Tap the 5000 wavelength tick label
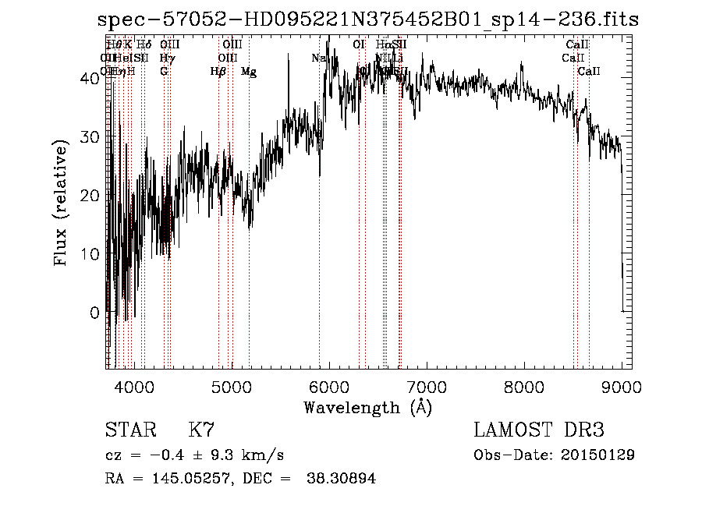tap(232, 387)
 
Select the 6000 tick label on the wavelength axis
tap(329, 387)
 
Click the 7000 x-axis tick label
tap(427, 387)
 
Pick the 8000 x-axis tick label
tap(524, 387)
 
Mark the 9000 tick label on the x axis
tap(622, 387)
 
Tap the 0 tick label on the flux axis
tap(94, 313)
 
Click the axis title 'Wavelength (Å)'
tap(367, 407)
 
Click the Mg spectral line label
tap(249, 72)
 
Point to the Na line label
tap(318, 58)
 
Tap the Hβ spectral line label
tap(218, 72)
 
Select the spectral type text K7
tap(201, 430)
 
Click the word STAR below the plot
tap(129, 430)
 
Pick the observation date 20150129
tap(597, 455)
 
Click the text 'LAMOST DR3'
tap(539, 430)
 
